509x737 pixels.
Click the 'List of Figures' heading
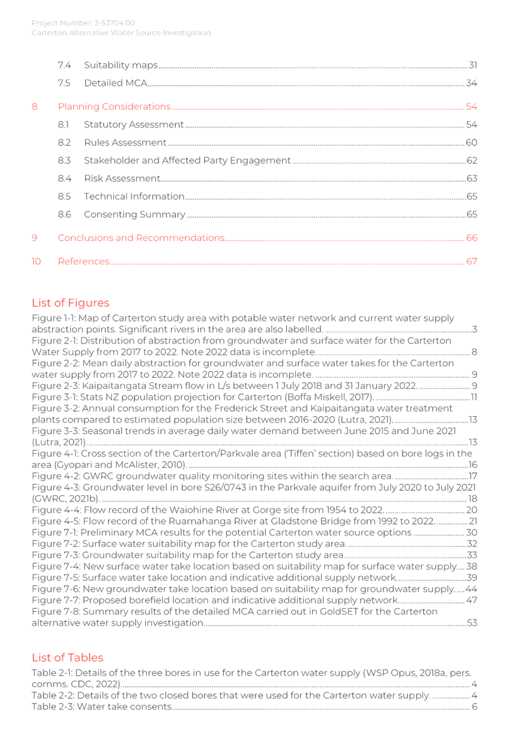pos(71,303)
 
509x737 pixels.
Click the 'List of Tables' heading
pos(67,657)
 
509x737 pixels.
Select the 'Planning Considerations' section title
pos(114,106)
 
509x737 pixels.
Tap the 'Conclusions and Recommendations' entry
pos(141,238)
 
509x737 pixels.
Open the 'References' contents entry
pos(84,261)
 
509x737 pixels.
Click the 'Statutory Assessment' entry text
pos(133,124)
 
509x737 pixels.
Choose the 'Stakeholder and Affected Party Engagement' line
pos(187,160)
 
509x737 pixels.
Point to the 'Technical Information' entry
pos(134,196)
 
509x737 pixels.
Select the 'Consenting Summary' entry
pos(134,215)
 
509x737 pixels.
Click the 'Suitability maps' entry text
pos(120,65)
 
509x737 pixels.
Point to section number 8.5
pos(63,196)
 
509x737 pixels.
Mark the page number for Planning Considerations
pos(471,106)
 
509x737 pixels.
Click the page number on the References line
pos(471,261)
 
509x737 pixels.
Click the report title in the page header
pos(121,33)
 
